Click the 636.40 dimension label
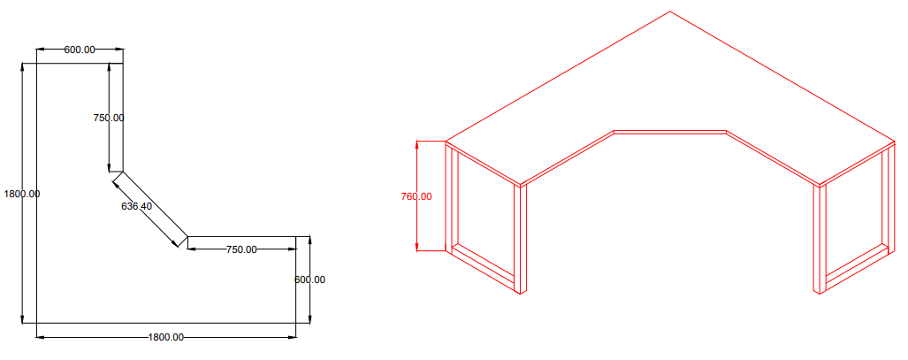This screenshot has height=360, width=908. pos(137,206)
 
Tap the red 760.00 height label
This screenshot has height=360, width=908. pos(416,196)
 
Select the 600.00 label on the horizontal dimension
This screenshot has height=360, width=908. pos(80,50)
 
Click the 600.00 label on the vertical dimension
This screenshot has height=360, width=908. pos(309,280)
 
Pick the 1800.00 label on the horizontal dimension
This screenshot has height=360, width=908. pos(165,337)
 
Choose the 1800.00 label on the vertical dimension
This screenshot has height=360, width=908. pos(22,194)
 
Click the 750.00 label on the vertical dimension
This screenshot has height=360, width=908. pos(109,118)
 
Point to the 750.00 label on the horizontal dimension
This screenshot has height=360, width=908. pos(241,249)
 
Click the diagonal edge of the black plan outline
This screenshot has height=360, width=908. pos(156,204)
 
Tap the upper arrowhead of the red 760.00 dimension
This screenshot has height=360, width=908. pos(417,144)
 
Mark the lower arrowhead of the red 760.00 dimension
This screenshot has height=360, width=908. pos(417,248)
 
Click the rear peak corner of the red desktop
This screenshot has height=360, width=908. pos(670,11)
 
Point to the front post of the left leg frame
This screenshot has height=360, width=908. pos(521,240)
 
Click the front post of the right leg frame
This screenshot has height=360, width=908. pos(820,240)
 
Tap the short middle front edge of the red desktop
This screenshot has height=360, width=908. pos(670,132)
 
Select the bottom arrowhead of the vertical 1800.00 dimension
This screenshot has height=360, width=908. pos(23,319)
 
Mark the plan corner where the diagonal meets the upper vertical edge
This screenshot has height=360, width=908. pos(123,172)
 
